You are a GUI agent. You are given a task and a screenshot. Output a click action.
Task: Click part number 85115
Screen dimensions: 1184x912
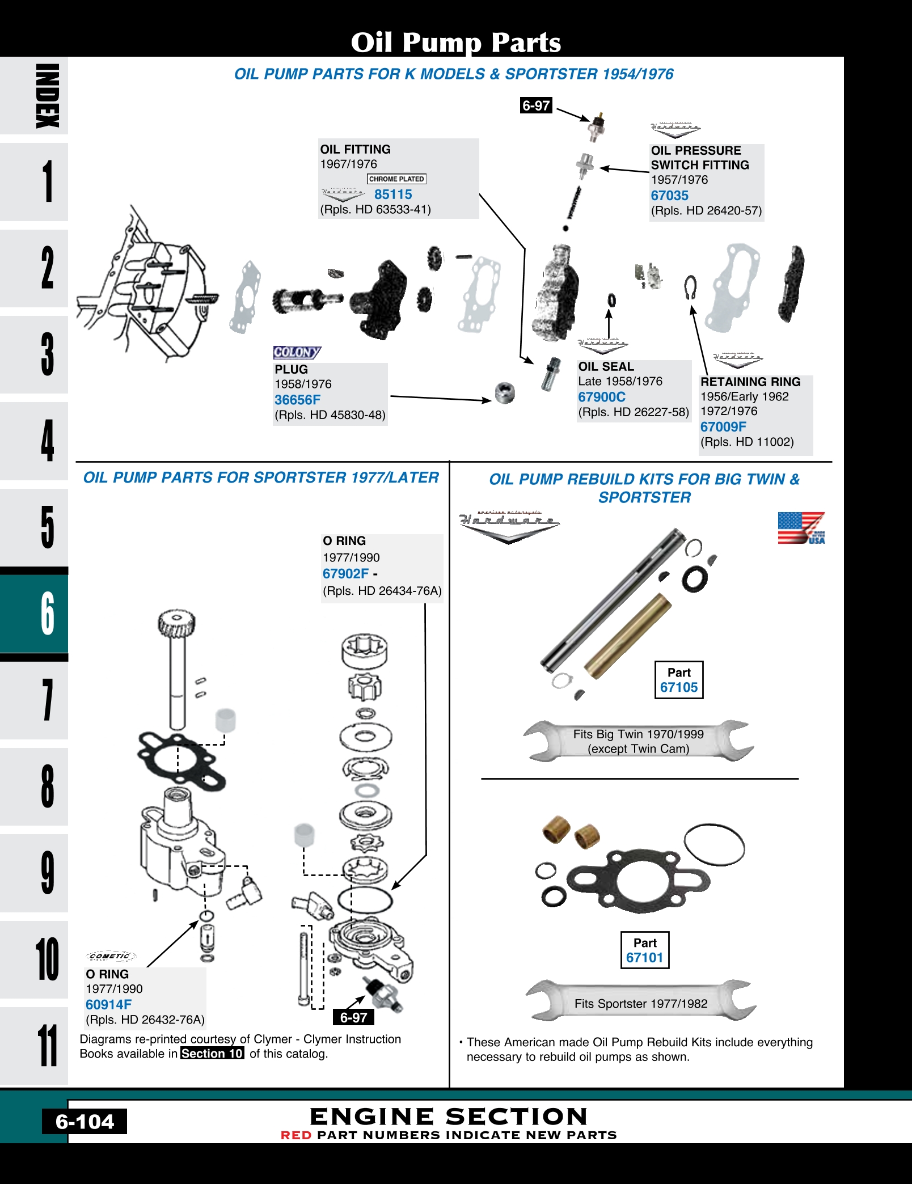(393, 194)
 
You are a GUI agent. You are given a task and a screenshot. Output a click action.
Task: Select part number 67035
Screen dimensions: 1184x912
(669, 196)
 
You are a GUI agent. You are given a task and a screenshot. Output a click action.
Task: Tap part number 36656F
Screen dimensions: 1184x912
(297, 400)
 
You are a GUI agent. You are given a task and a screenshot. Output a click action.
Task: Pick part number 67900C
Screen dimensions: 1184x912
(602, 397)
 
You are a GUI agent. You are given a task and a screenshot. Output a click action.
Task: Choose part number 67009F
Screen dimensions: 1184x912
(723, 427)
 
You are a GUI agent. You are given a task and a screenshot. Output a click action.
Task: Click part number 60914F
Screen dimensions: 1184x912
(108, 1005)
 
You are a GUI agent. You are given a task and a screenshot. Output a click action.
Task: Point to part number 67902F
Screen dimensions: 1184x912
(345, 574)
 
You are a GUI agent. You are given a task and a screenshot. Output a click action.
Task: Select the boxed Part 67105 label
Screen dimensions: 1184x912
(679, 680)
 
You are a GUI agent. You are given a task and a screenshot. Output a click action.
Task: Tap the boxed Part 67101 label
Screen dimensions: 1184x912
(645, 950)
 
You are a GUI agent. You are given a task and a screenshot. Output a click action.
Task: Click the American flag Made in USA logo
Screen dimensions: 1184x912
(801, 528)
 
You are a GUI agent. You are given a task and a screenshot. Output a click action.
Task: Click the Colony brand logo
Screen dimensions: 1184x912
(297, 352)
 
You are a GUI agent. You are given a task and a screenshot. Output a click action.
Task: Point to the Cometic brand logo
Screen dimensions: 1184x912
(111, 957)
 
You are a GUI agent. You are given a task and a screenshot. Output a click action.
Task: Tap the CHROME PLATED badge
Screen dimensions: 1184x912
(396, 179)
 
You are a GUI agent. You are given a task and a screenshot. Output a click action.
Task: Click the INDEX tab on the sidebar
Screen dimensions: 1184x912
(47, 96)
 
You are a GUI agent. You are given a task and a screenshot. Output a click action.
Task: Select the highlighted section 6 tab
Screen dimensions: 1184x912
(47, 614)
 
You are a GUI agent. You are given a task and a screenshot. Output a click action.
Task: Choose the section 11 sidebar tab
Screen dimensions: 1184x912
(47, 1045)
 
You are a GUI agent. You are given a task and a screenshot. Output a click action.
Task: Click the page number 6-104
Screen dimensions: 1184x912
(85, 1122)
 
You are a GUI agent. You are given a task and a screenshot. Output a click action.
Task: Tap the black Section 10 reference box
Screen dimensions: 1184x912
(212, 1054)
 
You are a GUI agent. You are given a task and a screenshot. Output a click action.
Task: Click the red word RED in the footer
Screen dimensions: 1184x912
(296, 1135)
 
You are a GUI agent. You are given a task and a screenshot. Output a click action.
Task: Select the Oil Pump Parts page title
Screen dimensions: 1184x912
(455, 43)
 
